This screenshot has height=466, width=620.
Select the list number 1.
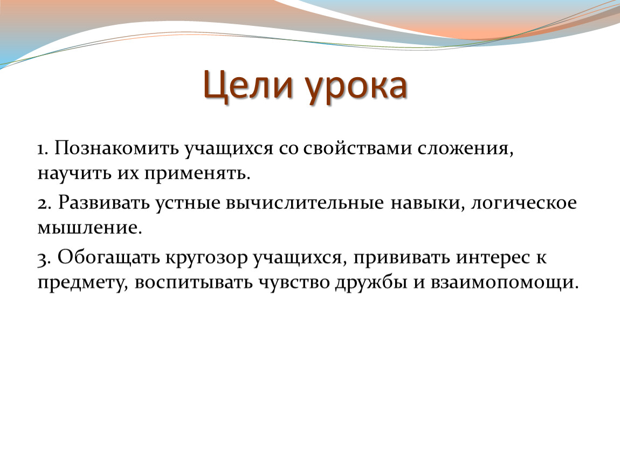(x=42, y=149)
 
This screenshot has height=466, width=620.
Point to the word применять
(x=197, y=174)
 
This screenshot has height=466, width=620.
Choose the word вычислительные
(x=305, y=203)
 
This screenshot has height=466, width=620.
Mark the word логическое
(x=523, y=203)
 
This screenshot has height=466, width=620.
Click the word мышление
(x=89, y=228)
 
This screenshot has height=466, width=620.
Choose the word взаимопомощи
(x=504, y=283)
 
